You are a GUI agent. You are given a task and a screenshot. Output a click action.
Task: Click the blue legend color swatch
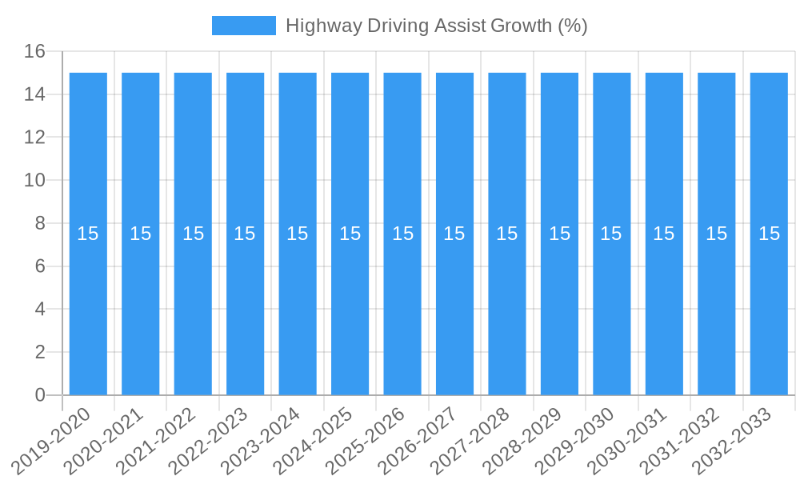(243, 26)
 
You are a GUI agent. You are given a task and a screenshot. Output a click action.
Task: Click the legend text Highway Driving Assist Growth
(436, 26)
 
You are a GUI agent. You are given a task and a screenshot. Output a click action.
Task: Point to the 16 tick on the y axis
(34, 52)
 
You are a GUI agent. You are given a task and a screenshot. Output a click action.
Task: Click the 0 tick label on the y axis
(40, 395)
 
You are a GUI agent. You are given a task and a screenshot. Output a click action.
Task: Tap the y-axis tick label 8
(40, 223)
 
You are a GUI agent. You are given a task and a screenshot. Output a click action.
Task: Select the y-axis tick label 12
(34, 138)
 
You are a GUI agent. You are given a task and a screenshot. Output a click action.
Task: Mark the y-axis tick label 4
(40, 310)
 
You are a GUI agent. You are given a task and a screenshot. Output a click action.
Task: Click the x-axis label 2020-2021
(104, 440)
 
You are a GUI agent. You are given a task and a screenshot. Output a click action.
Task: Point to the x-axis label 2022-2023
(209, 440)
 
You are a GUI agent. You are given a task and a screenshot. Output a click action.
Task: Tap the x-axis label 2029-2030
(575, 440)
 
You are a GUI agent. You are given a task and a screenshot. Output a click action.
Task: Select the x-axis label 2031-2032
(680, 440)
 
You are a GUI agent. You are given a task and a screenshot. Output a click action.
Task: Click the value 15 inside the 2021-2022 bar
(193, 234)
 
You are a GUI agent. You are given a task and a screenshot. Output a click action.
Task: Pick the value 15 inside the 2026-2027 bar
(454, 234)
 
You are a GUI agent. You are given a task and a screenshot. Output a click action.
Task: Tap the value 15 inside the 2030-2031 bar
(664, 234)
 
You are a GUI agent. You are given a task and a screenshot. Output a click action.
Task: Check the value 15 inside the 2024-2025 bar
(350, 234)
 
